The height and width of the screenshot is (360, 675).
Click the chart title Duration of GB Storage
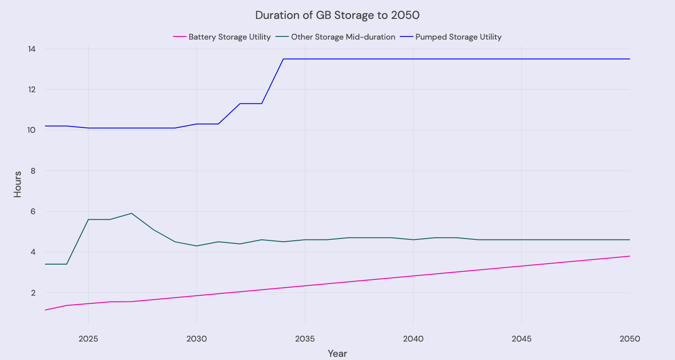tap(337, 15)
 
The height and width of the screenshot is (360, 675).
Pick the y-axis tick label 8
tap(32, 171)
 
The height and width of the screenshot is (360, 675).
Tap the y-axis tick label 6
tap(32, 211)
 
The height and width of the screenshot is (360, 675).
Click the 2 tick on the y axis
tap(32, 292)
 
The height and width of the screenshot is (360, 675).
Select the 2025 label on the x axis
tap(88, 338)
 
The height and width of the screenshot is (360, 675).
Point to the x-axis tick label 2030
tap(197, 338)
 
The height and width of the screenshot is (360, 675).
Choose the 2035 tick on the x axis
tap(305, 338)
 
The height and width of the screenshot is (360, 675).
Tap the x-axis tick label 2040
tap(413, 338)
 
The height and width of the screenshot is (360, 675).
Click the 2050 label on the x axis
tap(630, 338)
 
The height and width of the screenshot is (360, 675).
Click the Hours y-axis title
tap(18, 184)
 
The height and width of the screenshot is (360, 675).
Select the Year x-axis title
tap(337, 353)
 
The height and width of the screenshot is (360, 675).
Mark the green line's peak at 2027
tap(131, 213)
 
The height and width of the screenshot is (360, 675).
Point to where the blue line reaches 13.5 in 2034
tap(283, 59)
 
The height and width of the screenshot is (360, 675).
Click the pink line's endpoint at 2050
tap(630, 256)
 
